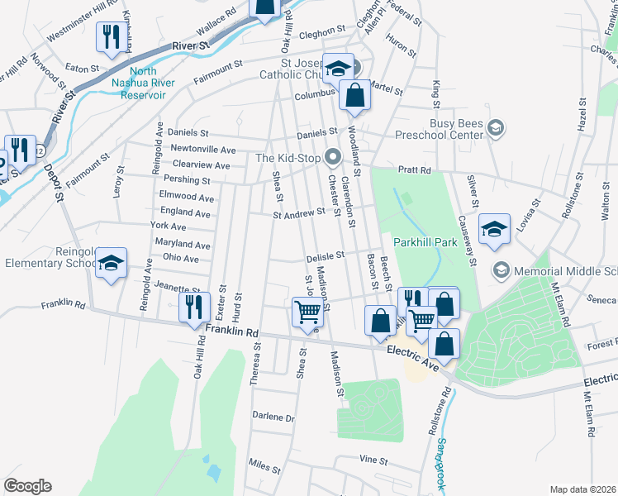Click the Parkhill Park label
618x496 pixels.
[x=425, y=242]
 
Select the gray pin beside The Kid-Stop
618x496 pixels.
[x=333, y=155]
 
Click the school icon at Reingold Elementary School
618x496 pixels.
[x=111, y=263]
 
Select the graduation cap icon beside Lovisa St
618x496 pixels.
[x=494, y=229]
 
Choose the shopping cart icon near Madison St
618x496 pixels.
[x=307, y=312]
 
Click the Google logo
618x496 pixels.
[x=27, y=486]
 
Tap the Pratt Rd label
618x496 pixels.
[x=415, y=169]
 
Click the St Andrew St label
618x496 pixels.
[x=299, y=213]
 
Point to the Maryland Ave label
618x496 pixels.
[x=183, y=245]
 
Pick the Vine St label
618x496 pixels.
[x=373, y=459]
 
